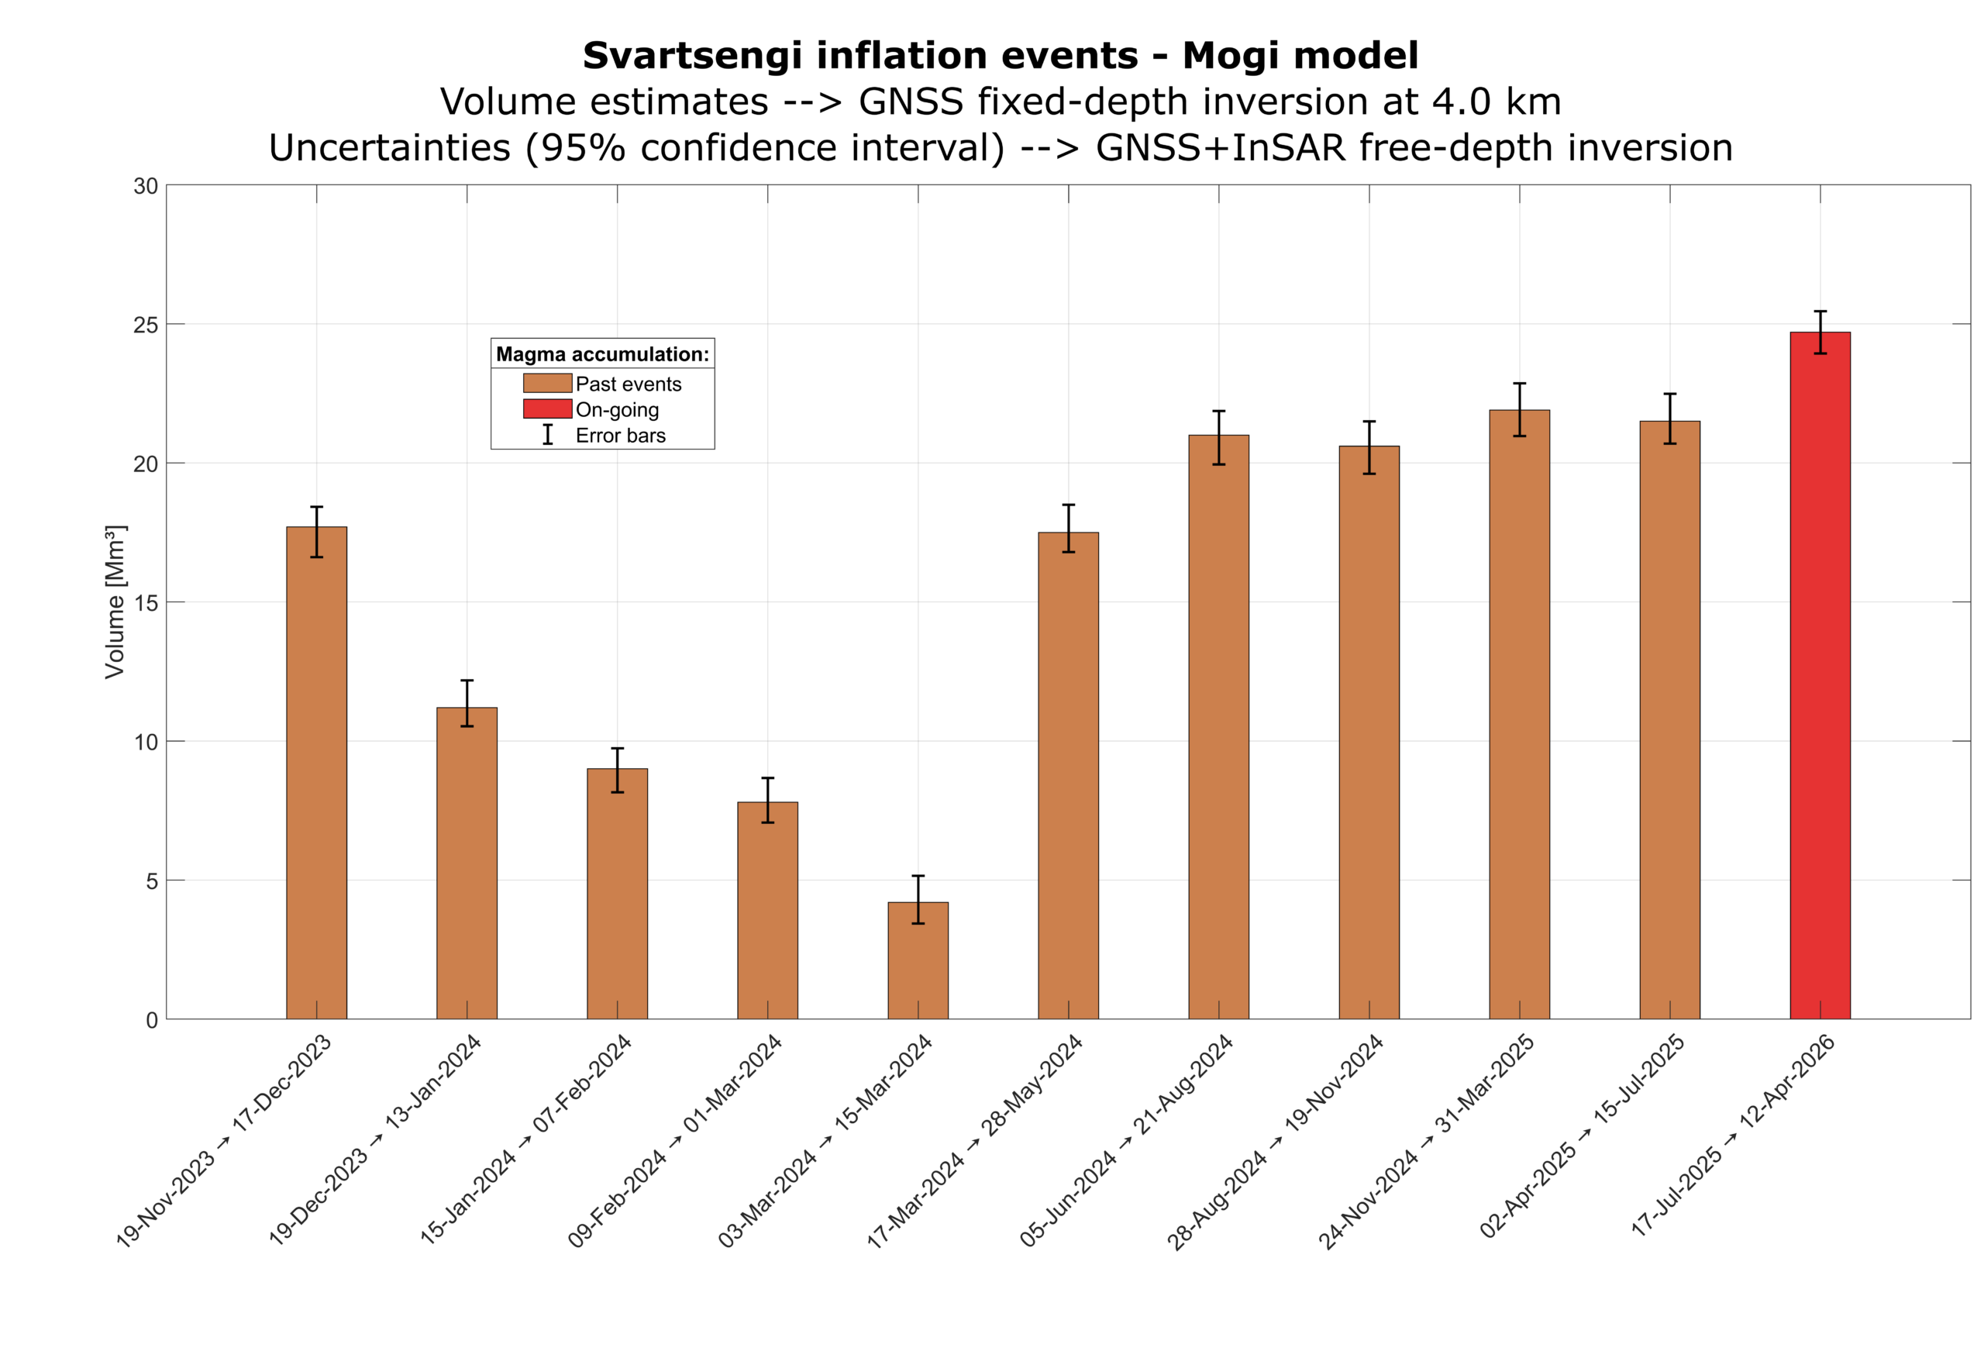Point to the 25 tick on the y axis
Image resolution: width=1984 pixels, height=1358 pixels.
coord(146,326)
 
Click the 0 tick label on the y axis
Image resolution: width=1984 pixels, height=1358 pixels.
coord(152,1020)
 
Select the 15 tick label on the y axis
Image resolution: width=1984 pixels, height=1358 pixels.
coord(146,603)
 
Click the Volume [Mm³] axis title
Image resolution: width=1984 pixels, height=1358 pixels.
coord(115,602)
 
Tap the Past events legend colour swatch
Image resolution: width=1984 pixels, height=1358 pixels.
coord(547,384)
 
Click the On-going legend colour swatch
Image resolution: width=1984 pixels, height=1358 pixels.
coord(547,409)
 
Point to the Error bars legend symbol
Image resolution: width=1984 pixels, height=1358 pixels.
coord(547,435)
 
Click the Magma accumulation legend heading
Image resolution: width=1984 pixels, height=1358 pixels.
coord(602,353)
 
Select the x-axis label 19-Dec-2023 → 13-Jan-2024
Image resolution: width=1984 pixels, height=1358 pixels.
coord(375,1139)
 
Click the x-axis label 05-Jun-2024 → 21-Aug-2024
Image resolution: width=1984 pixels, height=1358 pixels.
coord(1126,1140)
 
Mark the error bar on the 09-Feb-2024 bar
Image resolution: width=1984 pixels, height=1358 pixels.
coord(767,800)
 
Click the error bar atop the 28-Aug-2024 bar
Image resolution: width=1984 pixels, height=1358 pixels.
coord(1369,447)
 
